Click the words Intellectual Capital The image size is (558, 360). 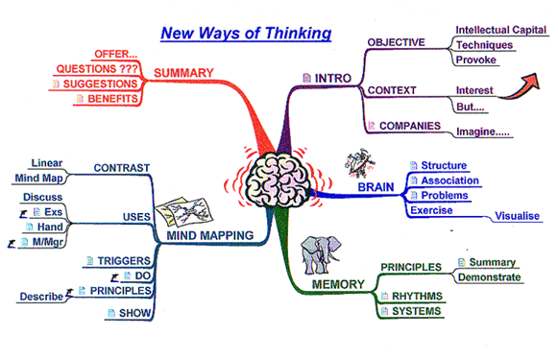pyautogui.click(x=500, y=30)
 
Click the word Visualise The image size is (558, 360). pyautogui.click(x=517, y=216)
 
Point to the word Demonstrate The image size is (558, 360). pyautogui.click(x=489, y=277)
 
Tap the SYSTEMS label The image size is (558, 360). pyautogui.click(x=416, y=312)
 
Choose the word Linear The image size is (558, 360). pyautogui.click(x=46, y=163)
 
